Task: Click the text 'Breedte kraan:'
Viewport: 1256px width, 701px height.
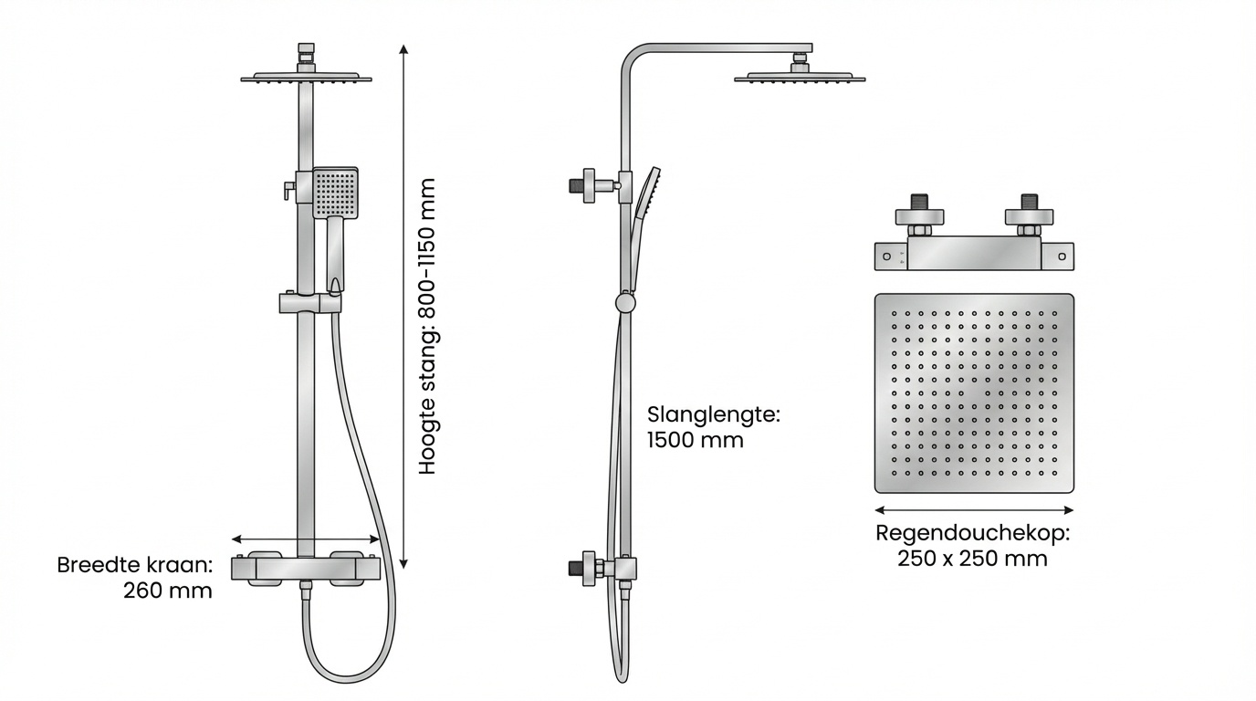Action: click(134, 565)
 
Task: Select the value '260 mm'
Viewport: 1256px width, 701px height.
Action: click(167, 591)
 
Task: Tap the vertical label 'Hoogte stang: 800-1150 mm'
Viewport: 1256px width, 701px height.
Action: click(427, 326)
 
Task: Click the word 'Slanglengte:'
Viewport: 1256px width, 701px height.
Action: click(714, 414)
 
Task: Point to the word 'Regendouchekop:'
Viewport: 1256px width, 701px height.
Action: click(972, 533)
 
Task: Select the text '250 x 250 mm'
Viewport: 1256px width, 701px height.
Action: click(972, 559)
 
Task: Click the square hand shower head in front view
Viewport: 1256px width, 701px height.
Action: click(335, 193)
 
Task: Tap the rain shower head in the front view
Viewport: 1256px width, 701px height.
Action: click(306, 78)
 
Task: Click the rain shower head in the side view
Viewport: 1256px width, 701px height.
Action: click(800, 78)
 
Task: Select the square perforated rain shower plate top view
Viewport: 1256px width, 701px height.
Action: click(974, 392)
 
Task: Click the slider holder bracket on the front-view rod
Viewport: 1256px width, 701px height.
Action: click(309, 303)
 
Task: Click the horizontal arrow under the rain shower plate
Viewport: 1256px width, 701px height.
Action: click(974, 510)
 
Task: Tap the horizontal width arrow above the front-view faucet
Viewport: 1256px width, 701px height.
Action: click(305, 539)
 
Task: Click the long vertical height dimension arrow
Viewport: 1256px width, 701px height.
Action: click(403, 306)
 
